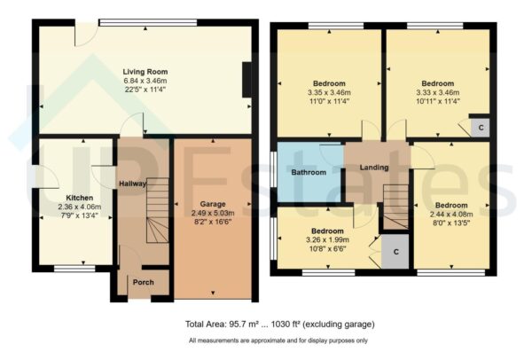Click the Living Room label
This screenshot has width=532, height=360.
click(x=145, y=72)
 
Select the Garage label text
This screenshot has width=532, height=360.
click(x=211, y=203)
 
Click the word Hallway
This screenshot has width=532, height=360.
click(x=132, y=183)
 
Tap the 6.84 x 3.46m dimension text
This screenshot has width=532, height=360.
click(x=145, y=80)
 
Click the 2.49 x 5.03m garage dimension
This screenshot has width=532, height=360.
click(x=211, y=212)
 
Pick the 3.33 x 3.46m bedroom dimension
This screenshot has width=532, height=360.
click(x=437, y=92)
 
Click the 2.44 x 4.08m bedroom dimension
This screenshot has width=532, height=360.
click(x=450, y=214)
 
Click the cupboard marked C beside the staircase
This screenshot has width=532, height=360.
click(x=395, y=252)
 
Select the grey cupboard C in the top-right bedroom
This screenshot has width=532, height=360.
click(x=481, y=127)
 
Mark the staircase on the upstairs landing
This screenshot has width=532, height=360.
click(x=393, y=204)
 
